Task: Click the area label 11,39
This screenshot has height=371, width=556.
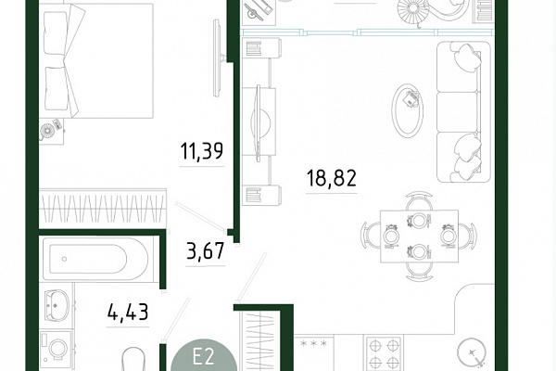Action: click(x=202, y=151)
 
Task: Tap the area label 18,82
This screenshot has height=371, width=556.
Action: click(x=331, y=178)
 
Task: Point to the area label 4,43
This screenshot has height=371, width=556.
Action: click(x=128, y=312)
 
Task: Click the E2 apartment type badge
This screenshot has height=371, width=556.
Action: click(x=204, y=356)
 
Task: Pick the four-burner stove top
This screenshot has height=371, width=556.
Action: click(x=384, y=353)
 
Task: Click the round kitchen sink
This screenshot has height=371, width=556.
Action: click(x=472, y=352)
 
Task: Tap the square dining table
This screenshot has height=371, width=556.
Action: click(x=419, y=237)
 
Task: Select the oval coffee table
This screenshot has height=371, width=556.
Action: click(x=408, y=110)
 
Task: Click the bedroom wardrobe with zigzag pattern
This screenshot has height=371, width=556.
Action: click(x=103, y=209)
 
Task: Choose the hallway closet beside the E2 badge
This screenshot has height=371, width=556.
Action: click(x=261, y=341)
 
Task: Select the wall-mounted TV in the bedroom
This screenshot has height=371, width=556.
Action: click(x=218, y=58)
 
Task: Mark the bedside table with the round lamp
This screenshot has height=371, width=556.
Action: click(x=52, y=132)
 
